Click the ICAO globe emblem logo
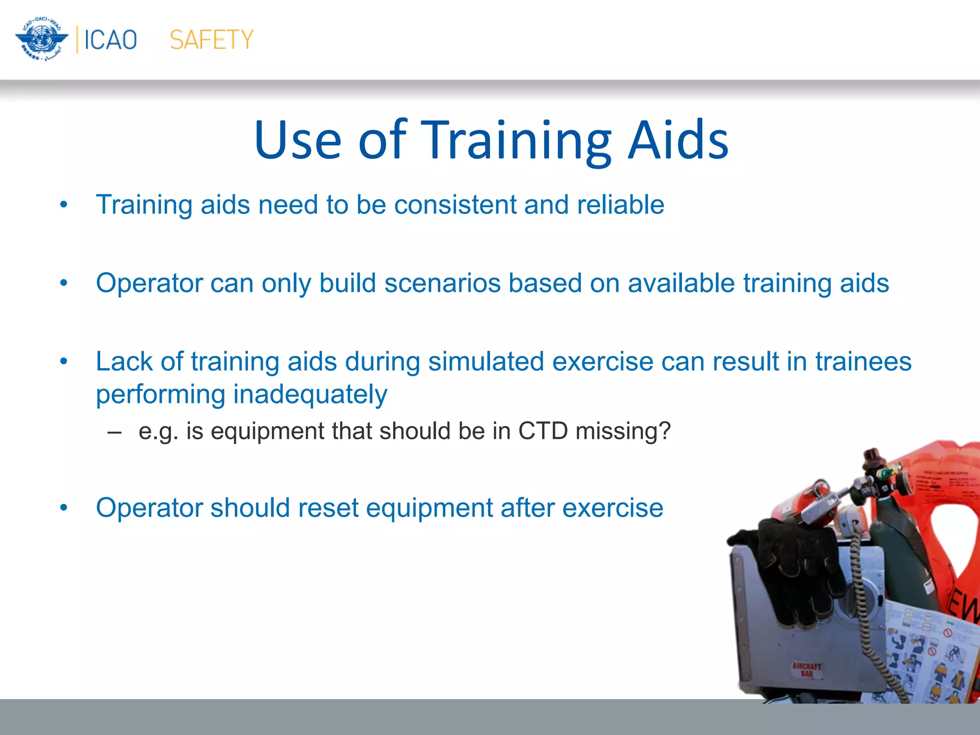[x=42, y=39]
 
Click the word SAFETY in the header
[x=211, y=40]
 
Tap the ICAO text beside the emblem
[x=111, y=40]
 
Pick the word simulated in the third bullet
[x=486, y=361]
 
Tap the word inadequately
[x=310, y=395]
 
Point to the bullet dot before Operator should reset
[x=64, y=507]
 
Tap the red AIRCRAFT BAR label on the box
[x=807, y=669]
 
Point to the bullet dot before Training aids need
[x=64, y=205]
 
